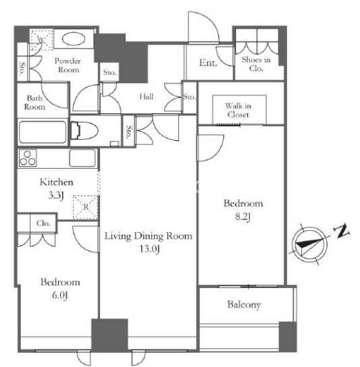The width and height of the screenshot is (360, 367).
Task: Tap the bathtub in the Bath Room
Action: click(43, 132)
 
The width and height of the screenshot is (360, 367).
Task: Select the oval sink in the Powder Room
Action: click(74, 38)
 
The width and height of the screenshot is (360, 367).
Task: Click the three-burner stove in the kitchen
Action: click(28, 158)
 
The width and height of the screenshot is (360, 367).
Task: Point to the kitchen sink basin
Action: click(82, 158)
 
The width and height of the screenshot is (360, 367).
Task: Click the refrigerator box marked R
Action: click(86, 207)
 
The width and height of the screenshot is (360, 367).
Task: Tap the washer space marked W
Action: click(41, 40)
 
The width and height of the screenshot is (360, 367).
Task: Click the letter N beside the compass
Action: click(342, 231)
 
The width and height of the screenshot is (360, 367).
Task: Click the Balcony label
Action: click(244, 305)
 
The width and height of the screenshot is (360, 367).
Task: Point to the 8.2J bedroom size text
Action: click(242, 217)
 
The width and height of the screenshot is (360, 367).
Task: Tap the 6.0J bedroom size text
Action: click(60, 295)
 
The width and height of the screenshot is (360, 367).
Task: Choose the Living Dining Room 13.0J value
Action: click(150, 249)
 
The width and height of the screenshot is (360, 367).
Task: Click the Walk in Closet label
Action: click(238, 110)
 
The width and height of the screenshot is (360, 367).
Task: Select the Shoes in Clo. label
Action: click(256, 64)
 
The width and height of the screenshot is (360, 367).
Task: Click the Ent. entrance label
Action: click(208, 63)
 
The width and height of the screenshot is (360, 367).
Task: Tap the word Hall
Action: click(147, 96)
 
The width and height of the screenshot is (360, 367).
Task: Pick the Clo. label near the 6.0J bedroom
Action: click(43, 223)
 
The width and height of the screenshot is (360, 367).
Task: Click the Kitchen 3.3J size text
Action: click(56, 196)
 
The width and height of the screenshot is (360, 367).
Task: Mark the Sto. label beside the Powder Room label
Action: click(22, 68)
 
